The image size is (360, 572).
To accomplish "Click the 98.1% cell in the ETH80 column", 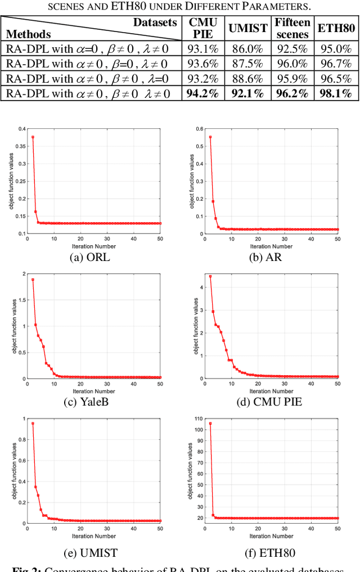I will coord(336,93).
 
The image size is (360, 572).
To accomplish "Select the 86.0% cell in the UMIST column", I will coord(247,48).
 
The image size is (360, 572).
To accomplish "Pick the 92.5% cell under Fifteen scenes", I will coord(292,48).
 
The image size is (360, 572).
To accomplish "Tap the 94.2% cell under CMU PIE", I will coord(202,93).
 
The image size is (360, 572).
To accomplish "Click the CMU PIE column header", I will coord(202,28).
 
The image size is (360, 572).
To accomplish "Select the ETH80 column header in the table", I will coord(336,28).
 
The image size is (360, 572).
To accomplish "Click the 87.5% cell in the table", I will coord(247,63).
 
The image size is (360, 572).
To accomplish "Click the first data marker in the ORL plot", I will coord(33,137).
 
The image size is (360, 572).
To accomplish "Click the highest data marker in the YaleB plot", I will coord(33,280).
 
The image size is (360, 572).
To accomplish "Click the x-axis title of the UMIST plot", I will coord(93,536).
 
